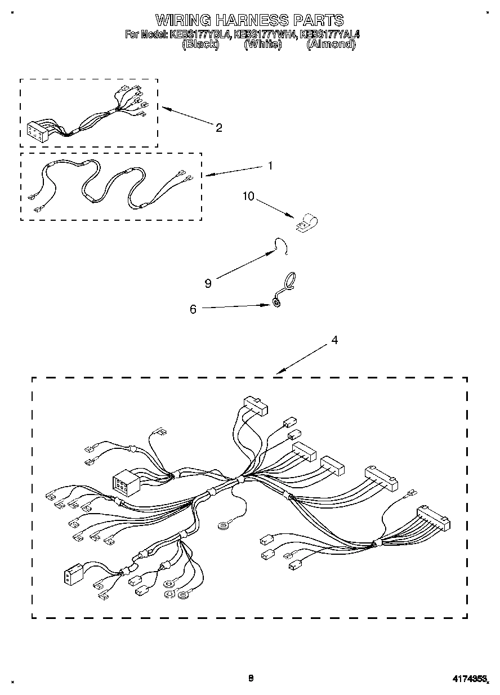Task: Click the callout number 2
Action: click(218, 127)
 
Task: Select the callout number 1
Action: click(270, 166)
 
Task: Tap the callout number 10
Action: click(248, 196)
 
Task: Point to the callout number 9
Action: click(208, 283)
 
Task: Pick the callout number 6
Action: click(193, 309)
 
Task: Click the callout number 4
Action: click(334, 340)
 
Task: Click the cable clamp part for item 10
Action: click(305, 222)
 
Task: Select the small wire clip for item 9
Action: click(280, 246)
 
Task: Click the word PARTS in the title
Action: click(318, 21)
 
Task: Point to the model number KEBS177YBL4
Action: click(200, 35)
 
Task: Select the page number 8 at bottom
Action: click(251, 678)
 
